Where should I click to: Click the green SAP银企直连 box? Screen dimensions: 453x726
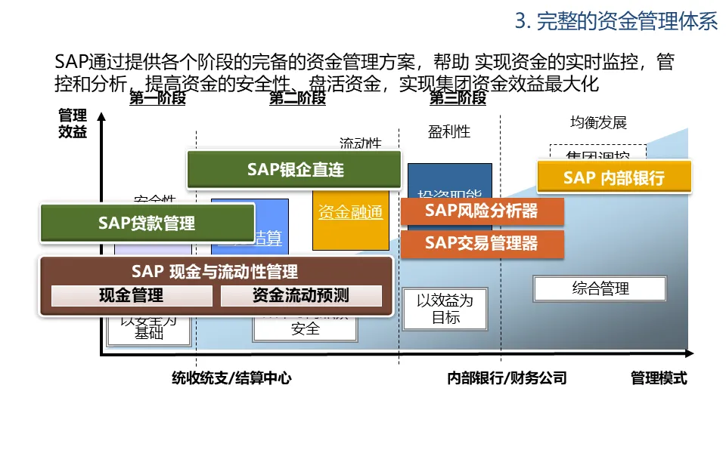pos(294,170)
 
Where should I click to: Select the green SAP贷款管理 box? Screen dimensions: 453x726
pos(147,223)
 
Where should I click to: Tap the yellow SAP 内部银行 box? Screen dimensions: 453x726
pos(613,177)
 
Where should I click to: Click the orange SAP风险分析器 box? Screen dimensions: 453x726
pos(482,211)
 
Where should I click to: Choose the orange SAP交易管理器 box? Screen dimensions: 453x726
pos(482,243)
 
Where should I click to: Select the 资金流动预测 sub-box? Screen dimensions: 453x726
pos(300,295)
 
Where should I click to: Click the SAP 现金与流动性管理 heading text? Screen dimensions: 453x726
pos(215,272)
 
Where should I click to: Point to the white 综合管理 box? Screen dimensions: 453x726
pos(600,288)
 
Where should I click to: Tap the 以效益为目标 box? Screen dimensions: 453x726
pos(445,309)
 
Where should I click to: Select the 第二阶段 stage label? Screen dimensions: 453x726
pos(297,98)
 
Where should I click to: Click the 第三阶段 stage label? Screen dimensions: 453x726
pos(458,98)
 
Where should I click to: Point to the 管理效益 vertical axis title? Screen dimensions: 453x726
pos(73,124)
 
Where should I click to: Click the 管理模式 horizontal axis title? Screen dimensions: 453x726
pos(659,378)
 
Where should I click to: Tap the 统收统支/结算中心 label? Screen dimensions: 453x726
pos(231,378)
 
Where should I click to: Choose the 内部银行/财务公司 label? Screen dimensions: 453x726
pos(507,378)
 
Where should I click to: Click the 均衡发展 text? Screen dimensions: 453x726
pos(598,122)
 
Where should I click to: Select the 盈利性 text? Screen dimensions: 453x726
pos(449,132)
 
